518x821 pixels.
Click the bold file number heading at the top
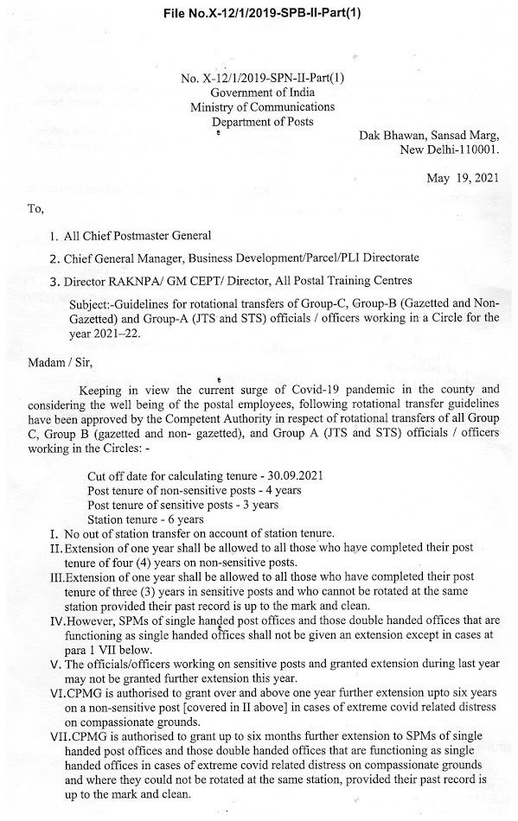[259, 12]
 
